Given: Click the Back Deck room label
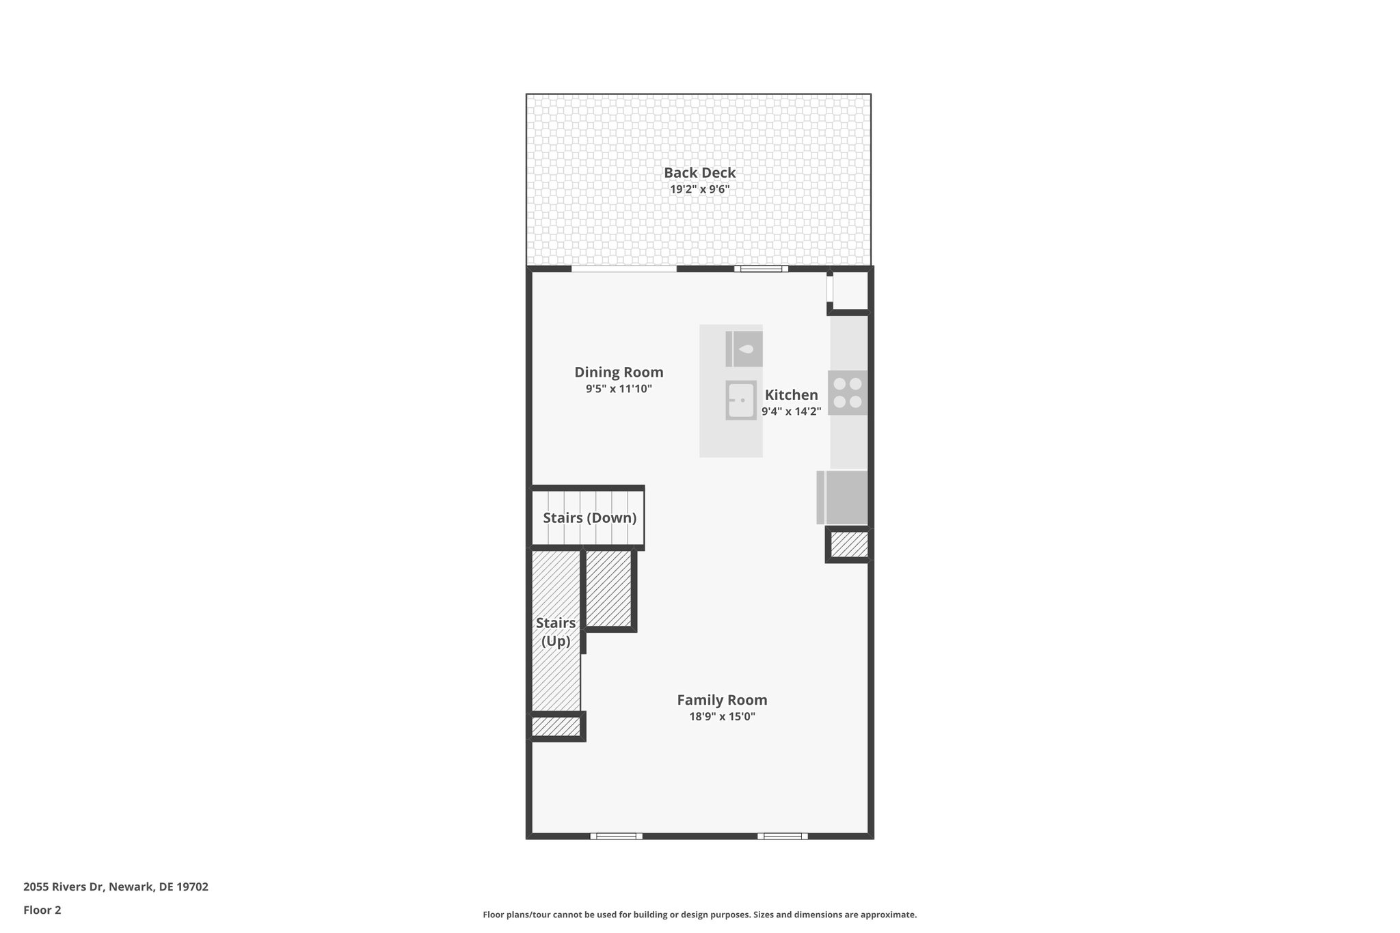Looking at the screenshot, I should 699,173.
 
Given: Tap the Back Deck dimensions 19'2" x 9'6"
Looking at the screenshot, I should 699,189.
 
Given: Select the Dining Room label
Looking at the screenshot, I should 619,373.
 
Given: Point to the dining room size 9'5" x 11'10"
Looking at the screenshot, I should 619,389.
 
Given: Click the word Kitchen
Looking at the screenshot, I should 791,395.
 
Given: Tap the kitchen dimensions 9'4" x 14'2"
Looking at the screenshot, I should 791,411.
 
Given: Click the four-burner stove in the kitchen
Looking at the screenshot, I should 848,393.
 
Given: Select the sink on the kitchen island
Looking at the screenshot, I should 741,400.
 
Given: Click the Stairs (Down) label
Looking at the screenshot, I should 589,518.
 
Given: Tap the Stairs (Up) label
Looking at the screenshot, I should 556,632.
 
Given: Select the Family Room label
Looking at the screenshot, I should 722,700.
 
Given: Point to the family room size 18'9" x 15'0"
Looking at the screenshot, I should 722,717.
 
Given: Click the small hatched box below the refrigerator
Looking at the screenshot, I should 849,545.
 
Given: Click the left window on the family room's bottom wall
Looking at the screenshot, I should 616,836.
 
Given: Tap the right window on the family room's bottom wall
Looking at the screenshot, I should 782,836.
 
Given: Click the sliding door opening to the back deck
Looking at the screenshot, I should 623,269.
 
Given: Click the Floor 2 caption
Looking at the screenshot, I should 42,910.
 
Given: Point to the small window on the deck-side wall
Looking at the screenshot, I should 761,269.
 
